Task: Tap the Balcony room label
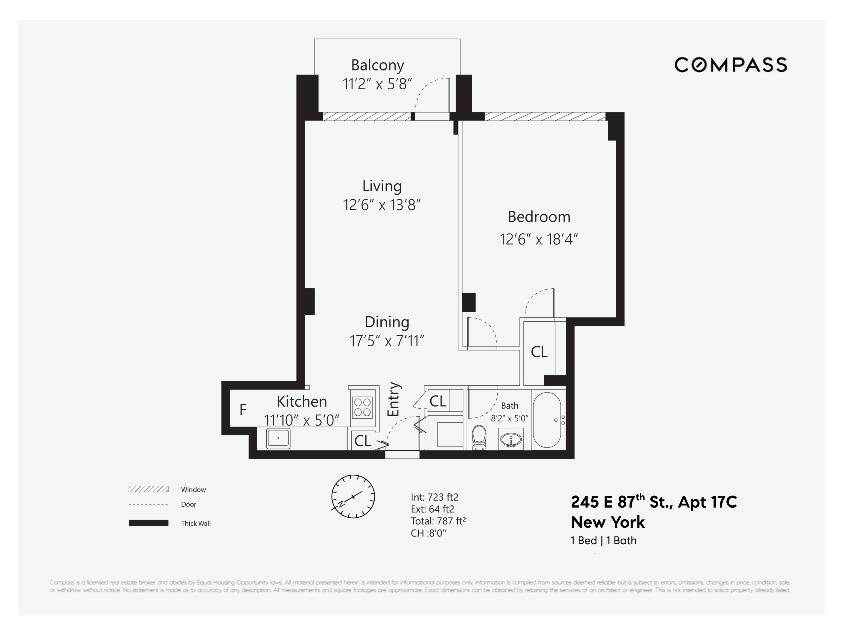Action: [x=377, y=66]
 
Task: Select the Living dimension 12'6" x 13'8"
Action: [x=382, y=205]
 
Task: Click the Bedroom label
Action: [x=539, y=217]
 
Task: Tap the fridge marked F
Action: [x=242, y=410]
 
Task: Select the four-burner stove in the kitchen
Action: [x=362, y=407]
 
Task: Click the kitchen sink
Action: [x=278, y=438]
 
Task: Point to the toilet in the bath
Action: [x=479, y=437]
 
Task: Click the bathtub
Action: [x=547, y=420]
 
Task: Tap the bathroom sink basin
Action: [x=511, y=440]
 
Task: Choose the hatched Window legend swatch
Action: [x=148, y=489]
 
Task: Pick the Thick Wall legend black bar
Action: [x=148, y=523]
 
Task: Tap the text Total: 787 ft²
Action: [x=438, y=521]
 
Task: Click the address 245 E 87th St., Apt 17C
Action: [x=654, y=502]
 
